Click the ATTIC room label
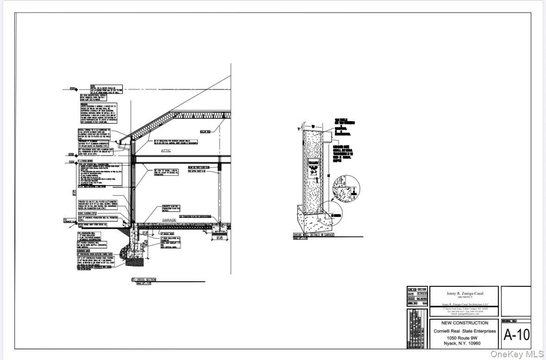pyautogui.click(x=166, y=150)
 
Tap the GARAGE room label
pyautogui.click(x=169, y=220)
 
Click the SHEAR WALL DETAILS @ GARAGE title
pyautogui.click(x=314, y=235)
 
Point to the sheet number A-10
pyautogui.click(x=516, y=335)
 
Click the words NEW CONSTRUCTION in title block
pyautogui.click(x=464, y=323)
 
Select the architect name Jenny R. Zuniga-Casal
pyautogui.click(x=464, y=293)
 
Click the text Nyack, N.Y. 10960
pyautogui.click(x=464, y=343)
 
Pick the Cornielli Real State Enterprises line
pyautogui.click(x=464, y=331)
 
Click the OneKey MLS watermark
pyautogui.click(x=516, y=354)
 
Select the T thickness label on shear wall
pyautogui.click(x=299, y=129)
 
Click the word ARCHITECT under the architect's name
pyautogui.click(x=464, y=297)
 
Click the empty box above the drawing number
pyautogui.click(x=515, y=301)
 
